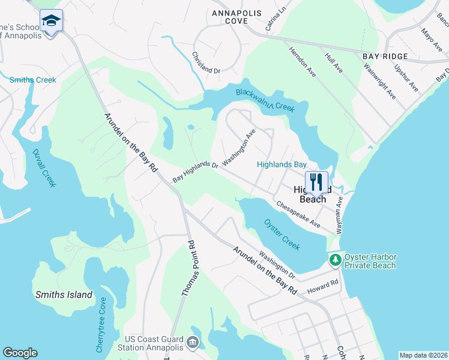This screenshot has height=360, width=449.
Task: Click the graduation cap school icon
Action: pyautogui.click(x=52, y=22)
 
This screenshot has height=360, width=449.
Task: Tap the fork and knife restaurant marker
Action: pyautogui.click(x=316, y=182)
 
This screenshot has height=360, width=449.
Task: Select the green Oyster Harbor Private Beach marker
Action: pyautogui.click(x=334, y=260)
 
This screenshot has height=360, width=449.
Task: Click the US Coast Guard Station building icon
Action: pyautogui.click(x=192, y=343)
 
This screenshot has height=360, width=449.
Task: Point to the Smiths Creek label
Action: pyautogui.click(x=32, y=80)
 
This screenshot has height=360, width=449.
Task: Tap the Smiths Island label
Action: pyautogui.click(x=64, y=295)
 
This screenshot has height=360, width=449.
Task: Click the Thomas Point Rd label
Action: pyautogui.click(x=188, y=268)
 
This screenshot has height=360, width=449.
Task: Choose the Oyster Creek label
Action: pyautogui.click(x=282, y=234)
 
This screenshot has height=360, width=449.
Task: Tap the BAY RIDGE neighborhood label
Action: pyautogui.click(x=385, y=56)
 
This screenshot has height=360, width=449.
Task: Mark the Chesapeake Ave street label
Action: pyautogui.click(x=298, y=214)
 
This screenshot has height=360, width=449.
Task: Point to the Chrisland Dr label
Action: pyautogui.click(x=206, y=62)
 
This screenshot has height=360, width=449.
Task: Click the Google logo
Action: pyautogui.click(x=20, y=353)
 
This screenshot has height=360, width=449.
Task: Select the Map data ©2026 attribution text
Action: pyautogui.click(x=423, y=355)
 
